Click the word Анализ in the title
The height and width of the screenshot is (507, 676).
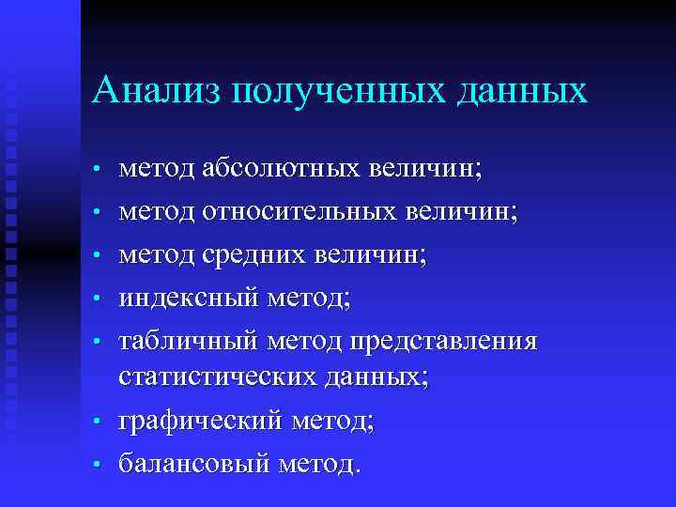pyautogui.click(x=155, y=92)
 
